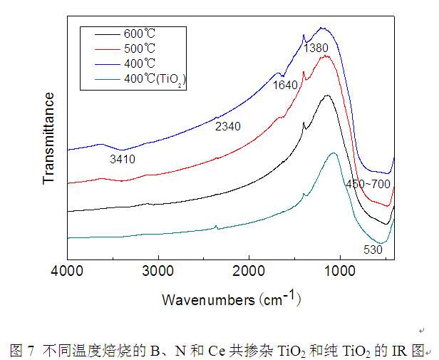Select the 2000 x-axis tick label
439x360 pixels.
click(249, 272)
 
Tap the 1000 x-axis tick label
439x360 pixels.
click(339, 272)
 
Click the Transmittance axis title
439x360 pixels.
click(48, 138)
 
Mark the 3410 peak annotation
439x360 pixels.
click(121, 158)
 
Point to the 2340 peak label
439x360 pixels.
click(228, 126)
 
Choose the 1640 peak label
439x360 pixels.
click(286, 85)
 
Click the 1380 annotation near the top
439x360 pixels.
click(317, 48)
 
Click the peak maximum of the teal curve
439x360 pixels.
click(334, 153)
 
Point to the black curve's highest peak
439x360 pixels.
click(327, 95)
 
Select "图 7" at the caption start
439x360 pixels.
click(21, 350)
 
